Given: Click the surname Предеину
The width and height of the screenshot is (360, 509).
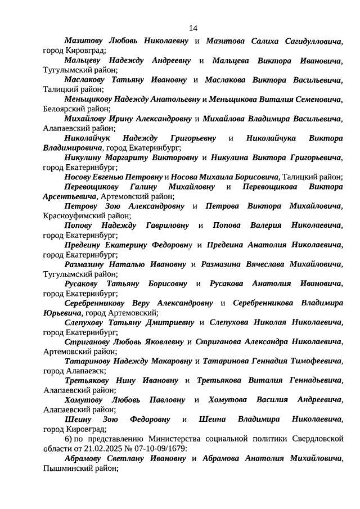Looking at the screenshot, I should pyautogui.click(x=84, y=245).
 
